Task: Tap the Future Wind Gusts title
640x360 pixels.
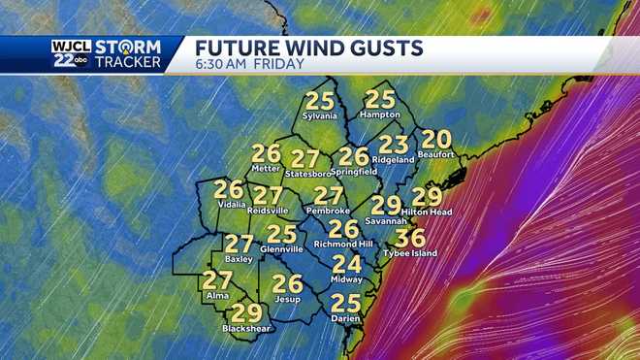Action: [309, 48]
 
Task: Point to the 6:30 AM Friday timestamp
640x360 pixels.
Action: [250, 64]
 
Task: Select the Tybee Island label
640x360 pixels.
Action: [409, 253]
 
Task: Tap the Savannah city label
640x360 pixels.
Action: [386, 219]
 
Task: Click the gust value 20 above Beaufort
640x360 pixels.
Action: [437, 139]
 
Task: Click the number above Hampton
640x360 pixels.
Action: [380, 99]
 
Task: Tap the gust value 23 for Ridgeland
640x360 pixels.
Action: [393, 144]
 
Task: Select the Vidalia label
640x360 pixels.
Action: [229, 206]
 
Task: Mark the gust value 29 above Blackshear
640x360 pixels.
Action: [246, 312]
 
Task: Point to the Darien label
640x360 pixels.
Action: [345, 318]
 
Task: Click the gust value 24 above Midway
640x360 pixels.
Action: [346, 264]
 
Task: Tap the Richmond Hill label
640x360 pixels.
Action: [344, 244]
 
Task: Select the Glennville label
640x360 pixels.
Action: [281, 248]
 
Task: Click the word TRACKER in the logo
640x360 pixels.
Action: [132, 62]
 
